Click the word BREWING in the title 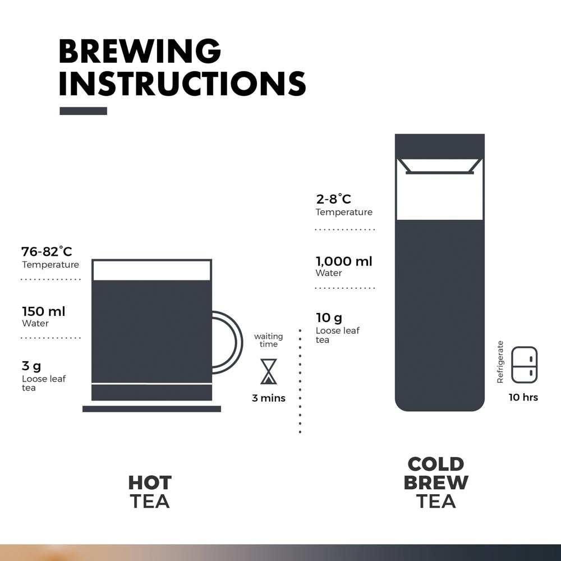pos(140,52)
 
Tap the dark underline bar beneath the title pos(83,111)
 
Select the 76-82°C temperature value pos(47,251)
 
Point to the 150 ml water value pos(44,311)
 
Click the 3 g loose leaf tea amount pos(31,366)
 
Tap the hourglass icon pos(269,371)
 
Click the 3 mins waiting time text pos(269,398)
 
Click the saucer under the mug pos(151,409)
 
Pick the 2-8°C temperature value pos(333,199)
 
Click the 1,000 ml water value pos(344,261)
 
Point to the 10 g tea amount pos(329,318)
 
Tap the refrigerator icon pos(525,365)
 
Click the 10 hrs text pos(523,397)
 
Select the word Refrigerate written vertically pos(500,362)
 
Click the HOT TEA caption pos(150,491)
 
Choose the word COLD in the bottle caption pos(436,465)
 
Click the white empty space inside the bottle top pos(440,196)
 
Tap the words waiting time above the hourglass pos(269,340)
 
